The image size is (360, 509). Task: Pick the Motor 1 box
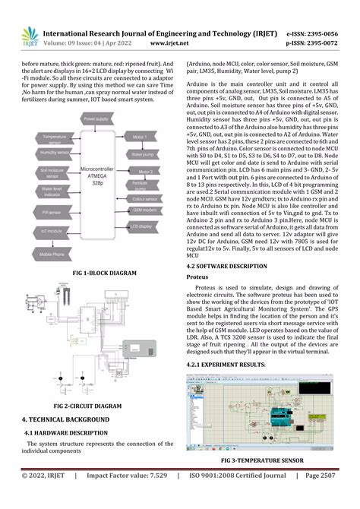[x=139, y=137]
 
